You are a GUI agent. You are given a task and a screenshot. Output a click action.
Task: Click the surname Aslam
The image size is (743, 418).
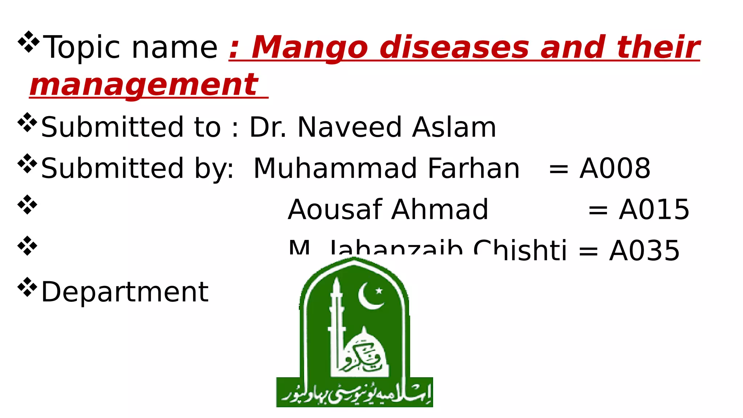454,127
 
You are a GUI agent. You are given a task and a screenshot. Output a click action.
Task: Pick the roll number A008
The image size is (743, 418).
615,168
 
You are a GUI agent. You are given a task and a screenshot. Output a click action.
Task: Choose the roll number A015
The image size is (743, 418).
654,210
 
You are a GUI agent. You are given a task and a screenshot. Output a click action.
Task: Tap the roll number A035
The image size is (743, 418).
644,250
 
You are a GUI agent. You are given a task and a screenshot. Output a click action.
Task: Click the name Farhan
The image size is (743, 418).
473,168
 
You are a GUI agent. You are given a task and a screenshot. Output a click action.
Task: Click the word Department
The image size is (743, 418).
125,292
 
